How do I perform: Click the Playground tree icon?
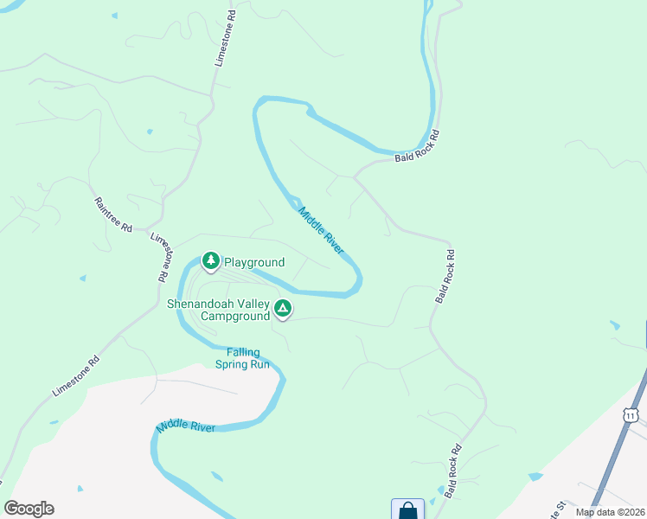tap(210, 259)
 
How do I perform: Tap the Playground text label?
tap(254, 263)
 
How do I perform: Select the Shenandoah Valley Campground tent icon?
tap(282, 308)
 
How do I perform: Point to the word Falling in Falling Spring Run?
tap(244, 352)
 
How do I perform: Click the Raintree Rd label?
tap(113, 215)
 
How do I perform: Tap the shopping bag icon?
tap(407, 510)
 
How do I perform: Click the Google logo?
tap(29, 509)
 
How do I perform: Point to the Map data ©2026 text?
tap(610, 512)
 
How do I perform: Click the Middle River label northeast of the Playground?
tap(321, 229)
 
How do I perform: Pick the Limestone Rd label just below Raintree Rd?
tap(158, 258)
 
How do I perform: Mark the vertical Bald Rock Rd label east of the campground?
tap(443, 277)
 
